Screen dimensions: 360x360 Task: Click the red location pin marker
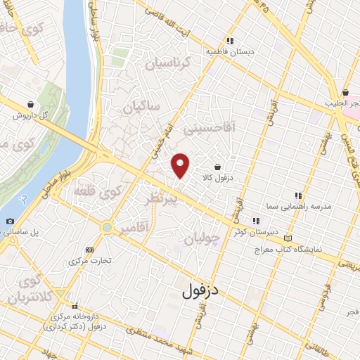(181, 165)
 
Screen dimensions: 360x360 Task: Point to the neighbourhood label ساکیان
(141, 108)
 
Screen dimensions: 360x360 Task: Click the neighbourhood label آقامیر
(134, 229)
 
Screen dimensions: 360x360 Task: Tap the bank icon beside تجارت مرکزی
(89, 250)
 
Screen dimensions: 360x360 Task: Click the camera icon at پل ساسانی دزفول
(9, 221)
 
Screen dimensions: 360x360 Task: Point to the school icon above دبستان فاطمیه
(230, 41)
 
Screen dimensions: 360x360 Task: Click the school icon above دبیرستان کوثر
(255, 221)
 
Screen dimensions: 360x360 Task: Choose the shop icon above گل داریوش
(30, 103)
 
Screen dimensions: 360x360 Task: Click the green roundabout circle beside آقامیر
(106, 228)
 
